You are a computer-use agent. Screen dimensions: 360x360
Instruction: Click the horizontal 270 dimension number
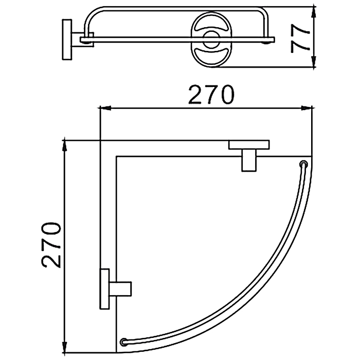point(211,94)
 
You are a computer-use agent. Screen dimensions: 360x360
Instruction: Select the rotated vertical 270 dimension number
point(51,245)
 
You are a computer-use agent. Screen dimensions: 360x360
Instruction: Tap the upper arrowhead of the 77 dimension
point(314,13)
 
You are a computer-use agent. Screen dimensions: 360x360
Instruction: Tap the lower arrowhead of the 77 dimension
point(314,61)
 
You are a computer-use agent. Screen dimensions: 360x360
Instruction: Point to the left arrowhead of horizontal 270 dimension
point(105,108)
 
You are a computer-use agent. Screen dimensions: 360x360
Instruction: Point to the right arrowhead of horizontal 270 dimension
point(306,108)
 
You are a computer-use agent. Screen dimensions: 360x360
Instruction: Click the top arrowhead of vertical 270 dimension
point(64,146)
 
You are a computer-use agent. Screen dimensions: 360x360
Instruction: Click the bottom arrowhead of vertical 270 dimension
point(64,347)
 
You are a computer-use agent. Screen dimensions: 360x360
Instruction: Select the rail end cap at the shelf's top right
point(304,164)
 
